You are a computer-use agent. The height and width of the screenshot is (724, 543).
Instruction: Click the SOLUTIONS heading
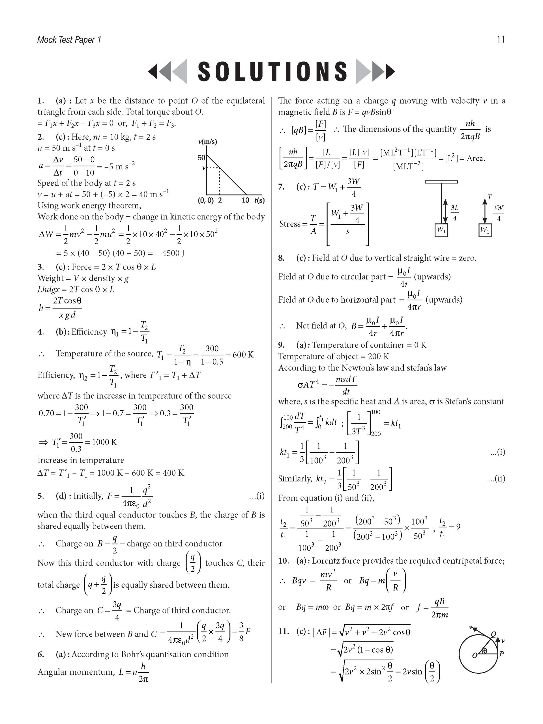tap(272, 71)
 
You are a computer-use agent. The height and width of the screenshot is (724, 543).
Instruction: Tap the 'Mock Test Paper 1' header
tap(69, 40)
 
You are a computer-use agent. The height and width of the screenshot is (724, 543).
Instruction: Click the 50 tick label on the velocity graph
tap(201, 158)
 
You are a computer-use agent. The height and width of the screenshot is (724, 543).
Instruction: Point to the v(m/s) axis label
tap(208, 142)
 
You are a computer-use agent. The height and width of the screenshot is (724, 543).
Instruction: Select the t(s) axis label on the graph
tap(259, 200)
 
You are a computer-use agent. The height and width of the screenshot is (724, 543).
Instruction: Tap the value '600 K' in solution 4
tap(243, 354)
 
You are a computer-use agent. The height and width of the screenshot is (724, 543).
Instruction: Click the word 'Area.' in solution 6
tap(476, 159)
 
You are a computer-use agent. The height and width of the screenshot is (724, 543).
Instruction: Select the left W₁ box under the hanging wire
tap(441, 230)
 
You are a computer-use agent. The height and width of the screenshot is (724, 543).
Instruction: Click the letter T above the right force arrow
tap(489, 197)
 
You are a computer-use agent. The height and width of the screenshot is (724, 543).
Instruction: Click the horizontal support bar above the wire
tap(441, 182)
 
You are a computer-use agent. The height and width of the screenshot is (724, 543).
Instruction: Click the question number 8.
tap(281, 258)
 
